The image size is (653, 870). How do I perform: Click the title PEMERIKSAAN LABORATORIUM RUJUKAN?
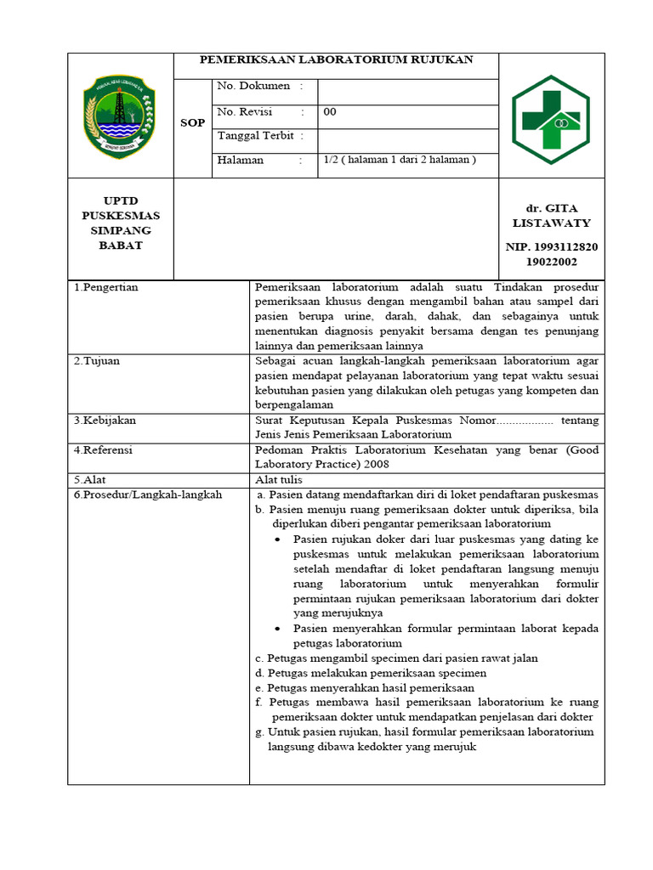(336, 60)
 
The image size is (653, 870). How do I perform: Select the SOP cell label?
(193, 123)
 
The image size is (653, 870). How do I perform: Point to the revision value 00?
(330, 111)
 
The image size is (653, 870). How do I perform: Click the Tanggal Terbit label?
(261, 136)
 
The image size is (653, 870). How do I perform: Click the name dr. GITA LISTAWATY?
(551, 216)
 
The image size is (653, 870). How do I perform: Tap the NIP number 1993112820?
(551, 247)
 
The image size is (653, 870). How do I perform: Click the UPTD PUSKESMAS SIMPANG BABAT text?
(120, 223)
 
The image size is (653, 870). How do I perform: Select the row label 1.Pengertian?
(105, 287)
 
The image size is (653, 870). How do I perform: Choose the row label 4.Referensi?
(103, 449)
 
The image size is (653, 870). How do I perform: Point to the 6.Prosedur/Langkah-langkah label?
(147, 494)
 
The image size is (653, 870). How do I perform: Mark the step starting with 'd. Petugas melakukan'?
(371, 673)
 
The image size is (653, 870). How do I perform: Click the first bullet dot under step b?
(281, 540)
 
